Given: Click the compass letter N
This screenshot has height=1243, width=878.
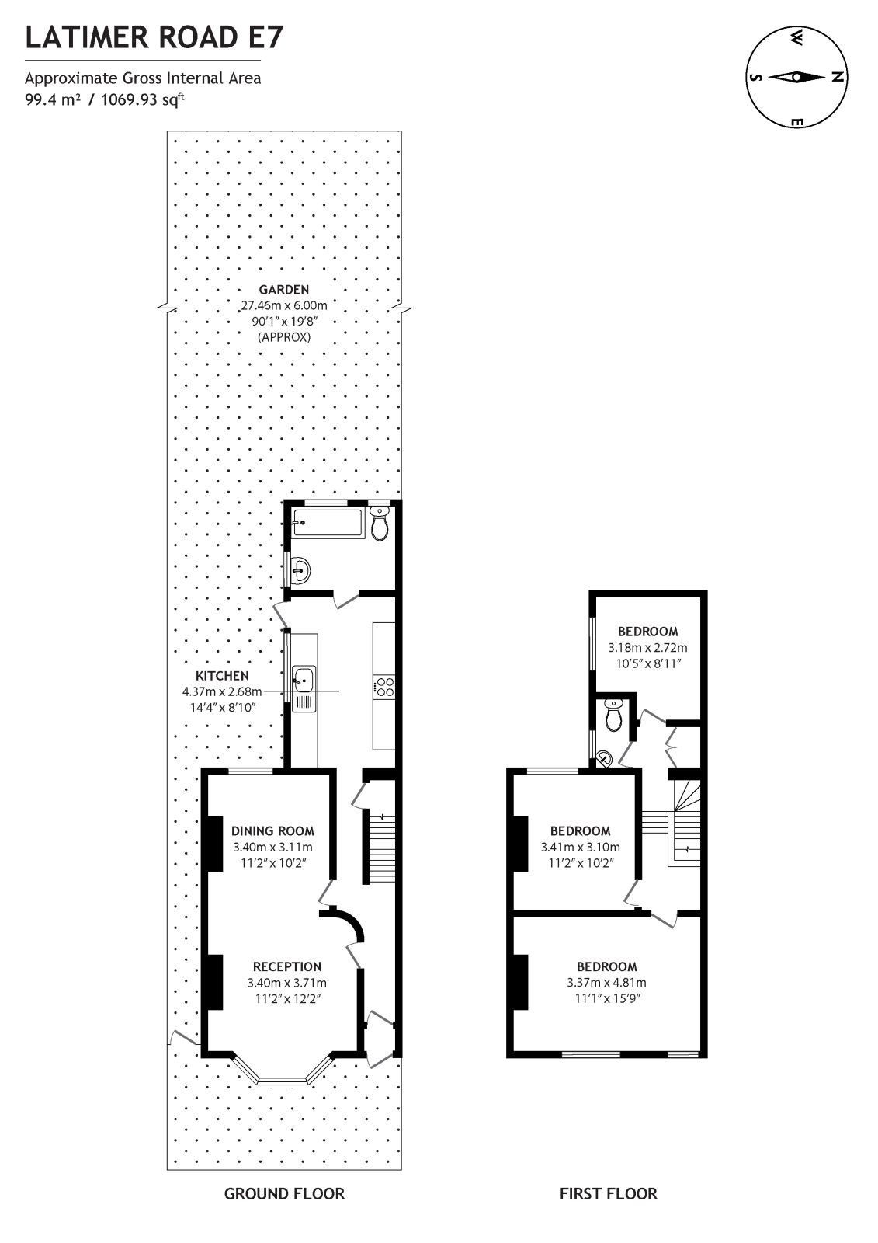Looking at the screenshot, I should [x=837, y=76].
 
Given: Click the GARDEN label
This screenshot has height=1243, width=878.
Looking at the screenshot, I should [x=283, y=290].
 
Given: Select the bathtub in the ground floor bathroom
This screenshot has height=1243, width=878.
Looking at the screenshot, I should [x=327, y=523].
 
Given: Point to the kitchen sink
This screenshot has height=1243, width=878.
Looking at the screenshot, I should [x=303, y=680].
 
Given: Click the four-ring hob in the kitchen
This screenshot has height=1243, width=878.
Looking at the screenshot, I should [x=383, y=686].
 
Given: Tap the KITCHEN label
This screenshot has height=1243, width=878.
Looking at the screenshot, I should [x=222, y=676].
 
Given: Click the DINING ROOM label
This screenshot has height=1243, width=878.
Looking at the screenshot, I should [x=272, y=830].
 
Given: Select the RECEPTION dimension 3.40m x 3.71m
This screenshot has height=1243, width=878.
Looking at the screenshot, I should [x=287, y=983].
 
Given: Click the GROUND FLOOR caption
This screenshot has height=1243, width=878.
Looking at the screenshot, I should [x=284, y=1194].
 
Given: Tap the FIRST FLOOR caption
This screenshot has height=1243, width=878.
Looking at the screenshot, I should [x=608, y=1194].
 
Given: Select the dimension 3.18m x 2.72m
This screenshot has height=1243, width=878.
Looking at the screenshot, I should [x=647, y=647].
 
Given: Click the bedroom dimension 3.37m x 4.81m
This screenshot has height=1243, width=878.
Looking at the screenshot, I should [x=606, y=983].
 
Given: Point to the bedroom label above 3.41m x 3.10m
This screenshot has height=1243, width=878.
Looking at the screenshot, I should [x=580, y=830].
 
